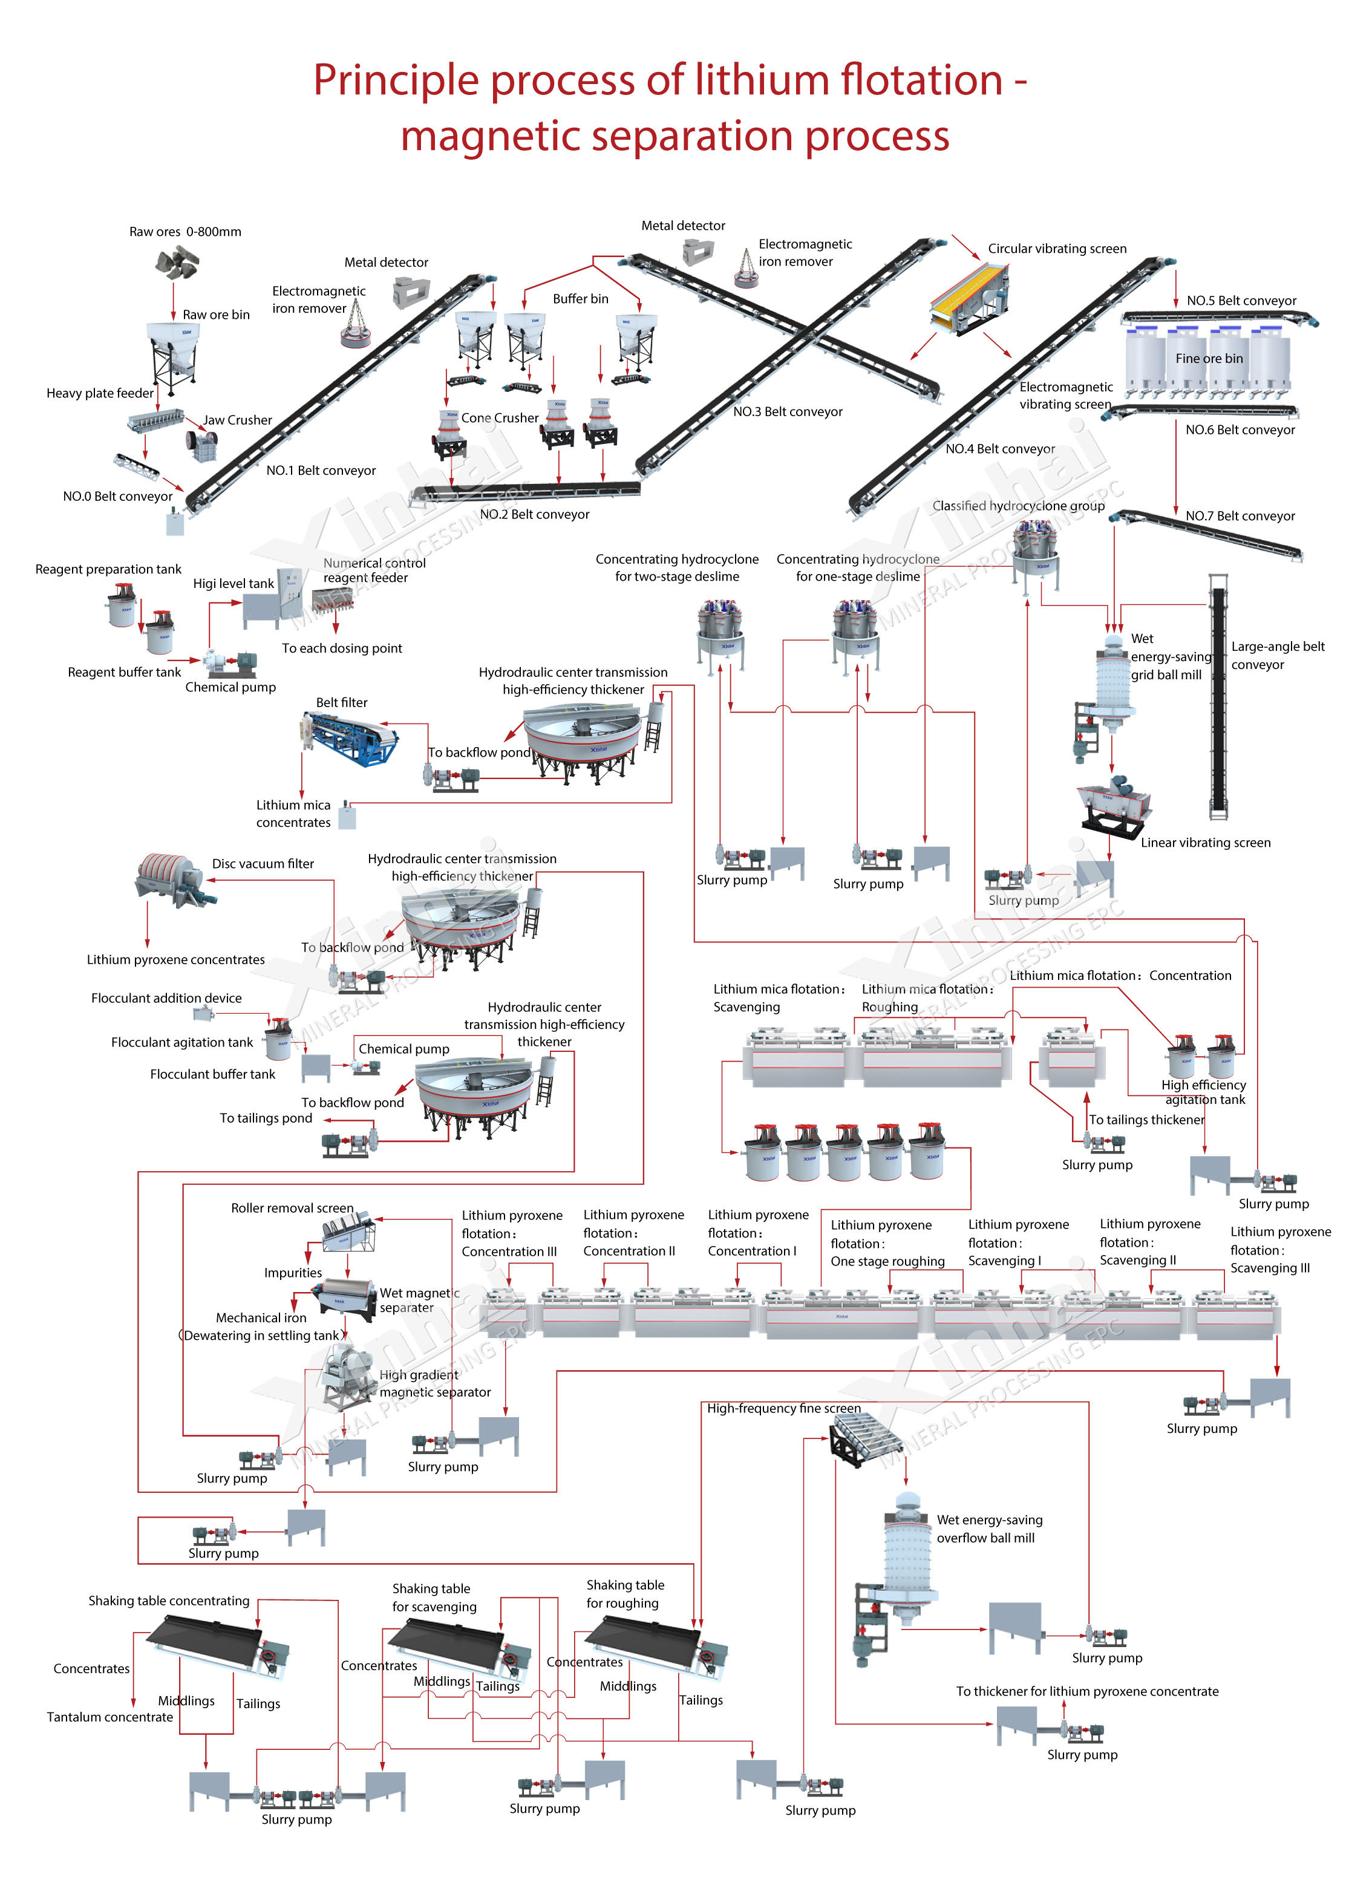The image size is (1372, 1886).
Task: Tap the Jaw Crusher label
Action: (238, 420)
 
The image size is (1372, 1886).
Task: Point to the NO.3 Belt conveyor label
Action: (788, 412)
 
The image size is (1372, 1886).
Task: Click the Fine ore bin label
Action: (1209, 359)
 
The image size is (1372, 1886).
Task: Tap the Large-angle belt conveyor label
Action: (1277, 655)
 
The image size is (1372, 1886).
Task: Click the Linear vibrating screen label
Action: (1205, 843)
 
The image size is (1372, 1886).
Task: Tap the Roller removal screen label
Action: (292, 1207)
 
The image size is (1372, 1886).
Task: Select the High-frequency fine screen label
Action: (783, 1408)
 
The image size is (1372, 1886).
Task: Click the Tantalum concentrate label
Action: (109, 1717)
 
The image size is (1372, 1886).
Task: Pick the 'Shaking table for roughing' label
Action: (624, 1594)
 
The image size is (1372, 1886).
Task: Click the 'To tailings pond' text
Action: (265, 1118)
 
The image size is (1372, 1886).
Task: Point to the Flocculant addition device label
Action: (166, 998)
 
